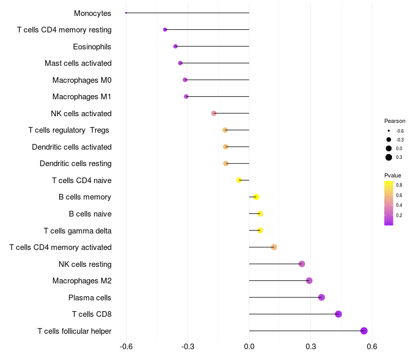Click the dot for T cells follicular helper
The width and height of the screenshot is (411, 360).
tap(364, 331)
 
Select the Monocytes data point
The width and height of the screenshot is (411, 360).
tap(126, 13)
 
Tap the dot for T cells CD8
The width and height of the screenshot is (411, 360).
tap(338, 314)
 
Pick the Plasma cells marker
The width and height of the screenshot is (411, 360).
tap(322, 297)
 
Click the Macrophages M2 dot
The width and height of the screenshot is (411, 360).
tap(309, 280)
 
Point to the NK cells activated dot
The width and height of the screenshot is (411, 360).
tap(214, 113)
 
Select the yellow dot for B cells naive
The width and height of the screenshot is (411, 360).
tap(260, 213)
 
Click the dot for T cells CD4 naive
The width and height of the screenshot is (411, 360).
tap(239, 180)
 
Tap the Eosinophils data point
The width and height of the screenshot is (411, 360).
tap(176, 46)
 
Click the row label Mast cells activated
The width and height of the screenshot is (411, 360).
tap(78, 63)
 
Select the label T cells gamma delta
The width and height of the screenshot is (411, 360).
tap(78, 231)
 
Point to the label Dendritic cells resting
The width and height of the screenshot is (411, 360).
tap(76, 164)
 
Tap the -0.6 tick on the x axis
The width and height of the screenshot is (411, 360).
tap(126, 347)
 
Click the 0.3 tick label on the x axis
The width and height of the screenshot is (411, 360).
tap(310, 347)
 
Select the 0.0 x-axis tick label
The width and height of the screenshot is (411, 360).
tap(249, 347)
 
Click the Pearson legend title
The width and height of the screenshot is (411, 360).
tap(395, 121)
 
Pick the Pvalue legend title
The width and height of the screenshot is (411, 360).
tap(393, 175)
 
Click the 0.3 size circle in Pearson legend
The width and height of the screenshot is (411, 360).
tap(389, 157)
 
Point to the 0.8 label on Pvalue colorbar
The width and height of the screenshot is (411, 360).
tap(399, 185)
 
